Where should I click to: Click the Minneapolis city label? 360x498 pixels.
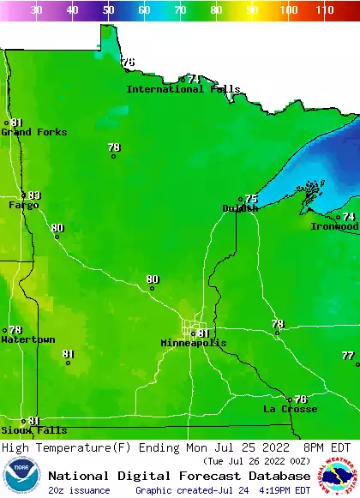[x=194, y=343]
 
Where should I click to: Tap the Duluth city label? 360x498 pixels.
[x=240, y=208]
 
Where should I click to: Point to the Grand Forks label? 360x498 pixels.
[x=28, y=132]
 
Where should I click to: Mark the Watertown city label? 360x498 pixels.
[x=27, y=339]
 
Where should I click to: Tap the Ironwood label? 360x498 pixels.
[x=334, y=226]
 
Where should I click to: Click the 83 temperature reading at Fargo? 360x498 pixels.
[x=34, y=195]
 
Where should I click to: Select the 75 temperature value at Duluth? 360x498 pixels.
[x=251, y=199]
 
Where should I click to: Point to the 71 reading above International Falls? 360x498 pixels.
[x=195, y=79]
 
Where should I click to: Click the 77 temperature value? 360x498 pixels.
[x=347, y=356]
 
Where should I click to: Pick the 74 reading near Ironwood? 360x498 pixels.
[x=349, y=217]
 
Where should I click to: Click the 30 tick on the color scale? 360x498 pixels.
[x=37, y=10]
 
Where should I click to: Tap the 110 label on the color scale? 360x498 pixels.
[x=324, y=10]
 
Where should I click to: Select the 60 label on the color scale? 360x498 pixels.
[x=144, y=10]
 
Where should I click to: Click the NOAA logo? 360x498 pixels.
[x=21, y=477]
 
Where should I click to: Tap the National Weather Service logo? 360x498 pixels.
[x=339, y=477]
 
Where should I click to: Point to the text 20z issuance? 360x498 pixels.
[x=79, y=490]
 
